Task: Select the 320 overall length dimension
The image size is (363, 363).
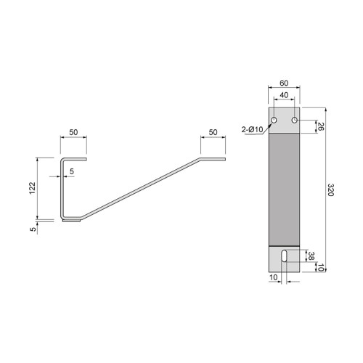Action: tap(330, 192)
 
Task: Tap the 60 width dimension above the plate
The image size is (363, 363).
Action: tap(284, 83)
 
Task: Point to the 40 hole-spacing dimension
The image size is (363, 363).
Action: tap(284, 96)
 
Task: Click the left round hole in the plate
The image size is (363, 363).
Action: tap(274, 119)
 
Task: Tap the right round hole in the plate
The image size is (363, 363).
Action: tap(294, 119)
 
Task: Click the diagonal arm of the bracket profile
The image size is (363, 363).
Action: tap(138, 188)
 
